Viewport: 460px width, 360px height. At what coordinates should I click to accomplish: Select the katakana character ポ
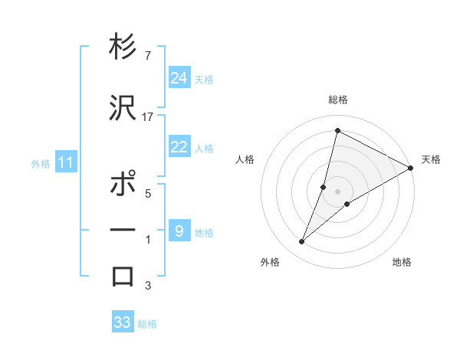coord(123,185)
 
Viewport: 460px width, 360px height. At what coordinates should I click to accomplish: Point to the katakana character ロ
coord(123,277)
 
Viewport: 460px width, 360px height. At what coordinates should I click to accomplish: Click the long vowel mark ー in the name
coord(123,231)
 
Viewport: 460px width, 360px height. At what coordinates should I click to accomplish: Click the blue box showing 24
coord(179,77)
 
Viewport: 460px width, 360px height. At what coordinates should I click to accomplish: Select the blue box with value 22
coord(179,147)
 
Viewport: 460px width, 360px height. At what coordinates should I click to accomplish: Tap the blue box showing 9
coord(179,231)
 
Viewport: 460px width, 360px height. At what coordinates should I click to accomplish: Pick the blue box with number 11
coord(65,162)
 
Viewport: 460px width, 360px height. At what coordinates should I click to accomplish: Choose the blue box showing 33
coord(123,322)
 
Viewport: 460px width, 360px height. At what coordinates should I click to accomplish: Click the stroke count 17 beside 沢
coord(148,117)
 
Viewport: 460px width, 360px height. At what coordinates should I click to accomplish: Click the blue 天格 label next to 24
coord(204,79)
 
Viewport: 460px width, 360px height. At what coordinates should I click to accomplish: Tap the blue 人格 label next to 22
coord(204,149)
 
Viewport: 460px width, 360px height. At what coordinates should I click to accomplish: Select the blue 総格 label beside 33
coord(147,324)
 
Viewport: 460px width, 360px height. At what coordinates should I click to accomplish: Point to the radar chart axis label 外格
coord(270,262)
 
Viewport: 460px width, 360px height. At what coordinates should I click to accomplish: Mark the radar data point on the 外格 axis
coord(302,242)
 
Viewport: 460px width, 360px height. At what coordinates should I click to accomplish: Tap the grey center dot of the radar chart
coord(338,191)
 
